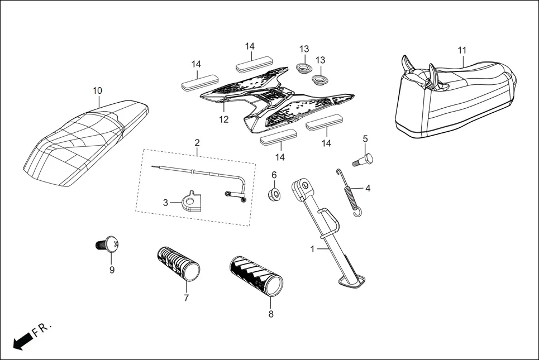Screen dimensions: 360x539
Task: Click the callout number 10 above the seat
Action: [x=97, y=90]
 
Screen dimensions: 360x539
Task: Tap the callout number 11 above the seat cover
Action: [x=462, y=50]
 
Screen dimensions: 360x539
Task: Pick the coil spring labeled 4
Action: [x=349, y=191]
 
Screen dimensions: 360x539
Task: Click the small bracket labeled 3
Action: [x=192, y=201]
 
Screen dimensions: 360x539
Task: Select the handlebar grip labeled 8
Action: [x=257, y=276]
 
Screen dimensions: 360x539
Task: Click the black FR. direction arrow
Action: [x=22, y=341]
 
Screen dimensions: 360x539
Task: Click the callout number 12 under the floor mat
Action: [x=223, y=119]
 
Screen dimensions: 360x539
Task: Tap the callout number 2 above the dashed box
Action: [x=197, y=143]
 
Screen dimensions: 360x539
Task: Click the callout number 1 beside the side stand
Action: [x=313, y=249]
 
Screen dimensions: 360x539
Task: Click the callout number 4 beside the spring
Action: [x=368, y=189]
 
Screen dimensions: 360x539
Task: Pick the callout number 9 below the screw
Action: [x=112, y=270]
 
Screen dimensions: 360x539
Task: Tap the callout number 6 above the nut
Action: [x=274, y=175]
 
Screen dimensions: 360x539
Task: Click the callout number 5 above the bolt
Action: [x=365, y=138]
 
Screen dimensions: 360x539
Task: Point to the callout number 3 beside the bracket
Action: [x=165, y=203]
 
